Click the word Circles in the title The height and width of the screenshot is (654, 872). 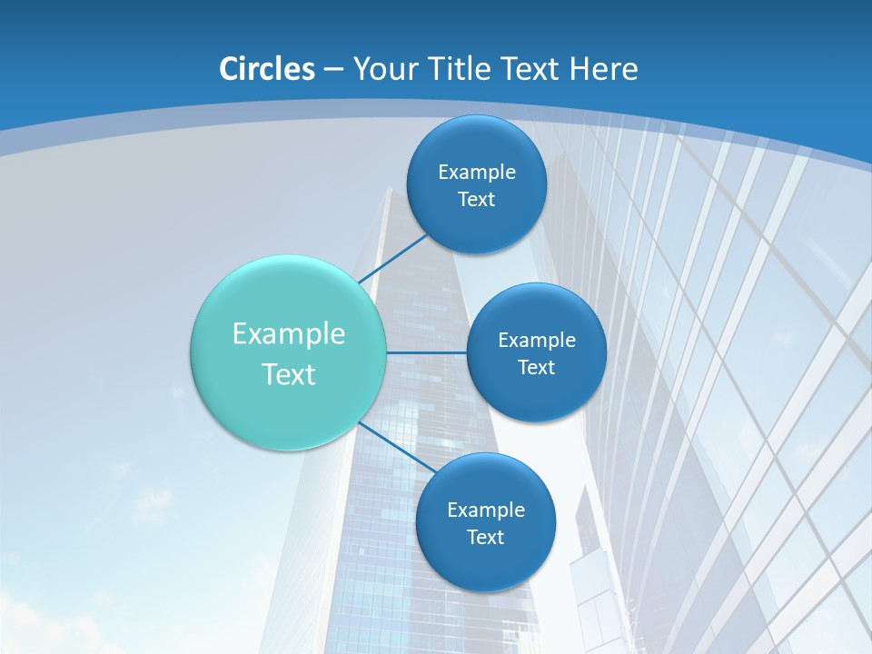click(x=267, y=69)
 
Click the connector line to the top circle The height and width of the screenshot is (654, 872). click(x=394, y=260)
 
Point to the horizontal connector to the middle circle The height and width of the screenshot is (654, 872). click(x=426, y=352)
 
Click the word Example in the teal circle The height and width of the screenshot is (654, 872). click(x=289, y=334)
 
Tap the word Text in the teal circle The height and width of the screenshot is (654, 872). click(x=289, y=374)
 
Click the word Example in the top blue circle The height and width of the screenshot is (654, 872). click(x=477, y=173)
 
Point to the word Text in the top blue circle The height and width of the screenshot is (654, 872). click(x=476, y=200)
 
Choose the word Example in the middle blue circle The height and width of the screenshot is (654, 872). click(x=537, y=341)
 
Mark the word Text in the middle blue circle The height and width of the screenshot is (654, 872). click(x=536, y=368)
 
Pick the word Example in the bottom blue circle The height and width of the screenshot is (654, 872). click(x=486, y=510)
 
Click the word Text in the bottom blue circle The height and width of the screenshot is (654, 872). click(x=485, y=538)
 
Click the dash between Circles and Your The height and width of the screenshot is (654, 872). click(x=332, y=70)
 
